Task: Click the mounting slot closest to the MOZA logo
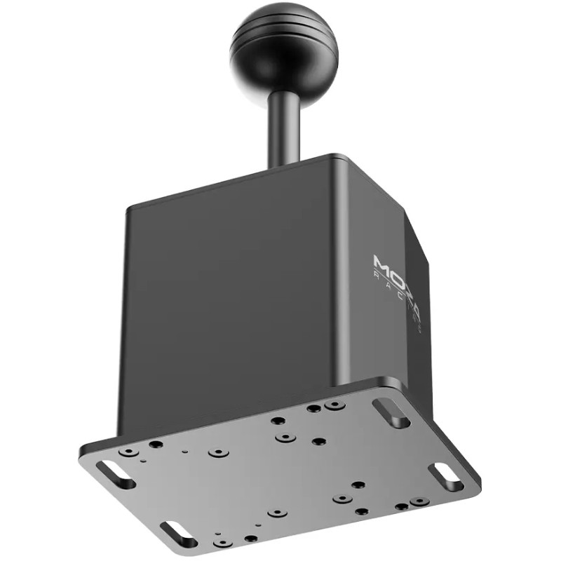point(392,412)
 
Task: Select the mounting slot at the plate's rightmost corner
point(446,476)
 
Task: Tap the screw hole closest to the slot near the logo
point(335,406)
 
